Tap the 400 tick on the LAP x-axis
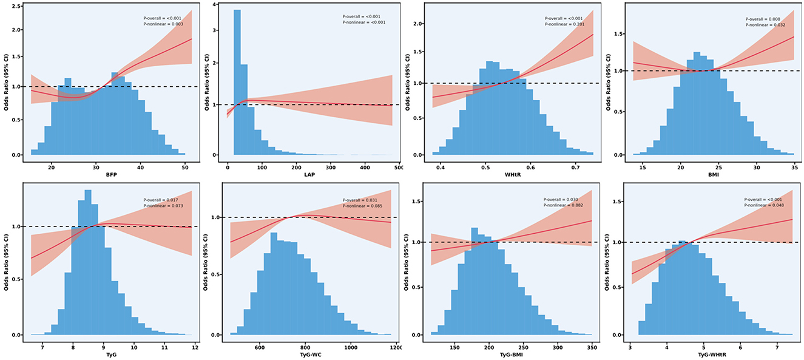365,167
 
